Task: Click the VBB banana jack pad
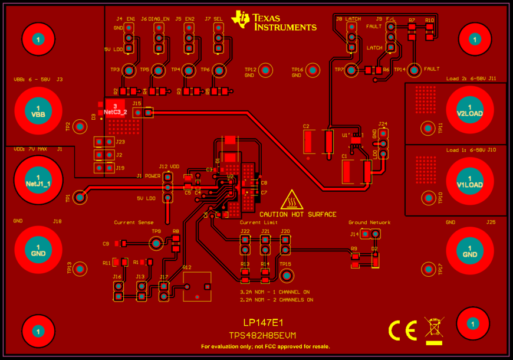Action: (x=38, y=110)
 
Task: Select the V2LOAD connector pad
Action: (x=470, y=110)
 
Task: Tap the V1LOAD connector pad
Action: (x=470, y=181)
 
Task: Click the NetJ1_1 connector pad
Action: (x=38, y=181)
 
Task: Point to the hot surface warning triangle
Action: (x=292, y=201)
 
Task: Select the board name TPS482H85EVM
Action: (x=262, y=335)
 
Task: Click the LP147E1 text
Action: (x=264, y=323)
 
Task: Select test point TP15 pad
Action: (x=287, y=275)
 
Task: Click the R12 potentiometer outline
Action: (x=197, y=287)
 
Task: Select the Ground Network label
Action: (x=369, y=222)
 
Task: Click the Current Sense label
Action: (x=133, y=222)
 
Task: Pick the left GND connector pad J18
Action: (x=38, y=250)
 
